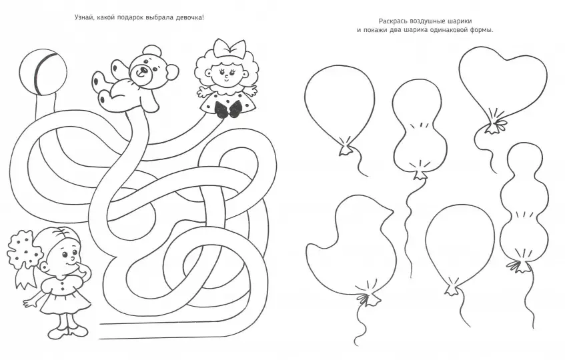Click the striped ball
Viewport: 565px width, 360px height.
[x=43, y=73]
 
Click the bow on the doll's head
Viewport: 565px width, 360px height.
[x=229, y=48]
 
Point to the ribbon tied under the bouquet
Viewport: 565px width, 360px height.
[x=25, y=276]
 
